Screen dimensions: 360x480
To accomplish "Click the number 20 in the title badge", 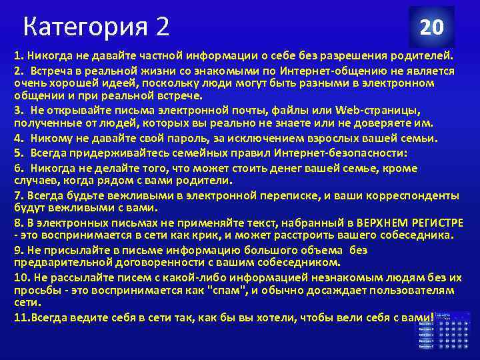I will [x=431, y=27].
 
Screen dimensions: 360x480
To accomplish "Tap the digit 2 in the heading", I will [x=163, y=27].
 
